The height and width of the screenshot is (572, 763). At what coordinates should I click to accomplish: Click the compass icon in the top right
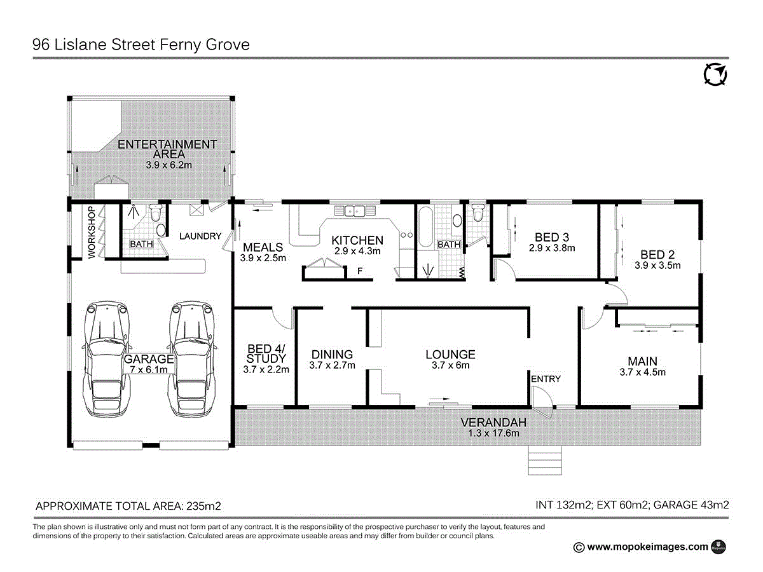[x=715, y=74]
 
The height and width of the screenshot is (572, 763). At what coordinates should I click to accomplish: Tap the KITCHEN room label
[x=357, y=240]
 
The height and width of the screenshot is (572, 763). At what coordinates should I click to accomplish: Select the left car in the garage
[x=107, y=359]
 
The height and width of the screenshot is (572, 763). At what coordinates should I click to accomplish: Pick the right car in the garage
[x=192, y=359]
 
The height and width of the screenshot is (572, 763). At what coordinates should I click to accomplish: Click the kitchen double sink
[x=355, y=210]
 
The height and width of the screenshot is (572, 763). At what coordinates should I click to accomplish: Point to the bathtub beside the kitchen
[x=425, y=227]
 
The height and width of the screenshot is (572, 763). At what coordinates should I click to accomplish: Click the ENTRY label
[x=546, y=379]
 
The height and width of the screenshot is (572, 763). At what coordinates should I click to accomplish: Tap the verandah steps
[x=545, y=460]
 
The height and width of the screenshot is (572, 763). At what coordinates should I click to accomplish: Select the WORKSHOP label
[x=92, y=233]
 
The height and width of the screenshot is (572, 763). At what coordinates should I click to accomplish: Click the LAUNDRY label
[x=200, y=236]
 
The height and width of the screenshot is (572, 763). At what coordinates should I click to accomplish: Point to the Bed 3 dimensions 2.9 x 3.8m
[x=552, y=248]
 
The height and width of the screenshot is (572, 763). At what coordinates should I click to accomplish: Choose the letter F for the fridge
[x=360, y=271]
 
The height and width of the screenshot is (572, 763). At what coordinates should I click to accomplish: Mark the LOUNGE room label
[x=450, y=354]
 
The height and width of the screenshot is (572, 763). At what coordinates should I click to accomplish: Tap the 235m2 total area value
[x=203, y=506]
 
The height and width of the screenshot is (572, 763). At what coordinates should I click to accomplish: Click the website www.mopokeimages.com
[x=647, y=547]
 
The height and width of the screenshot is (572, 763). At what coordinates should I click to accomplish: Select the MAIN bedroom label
[x=642, y=361]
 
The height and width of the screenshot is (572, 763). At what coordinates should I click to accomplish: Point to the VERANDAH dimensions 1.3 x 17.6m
[x=493, y=433]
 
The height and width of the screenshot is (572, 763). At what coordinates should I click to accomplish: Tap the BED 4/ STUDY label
[x=266, y=353]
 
